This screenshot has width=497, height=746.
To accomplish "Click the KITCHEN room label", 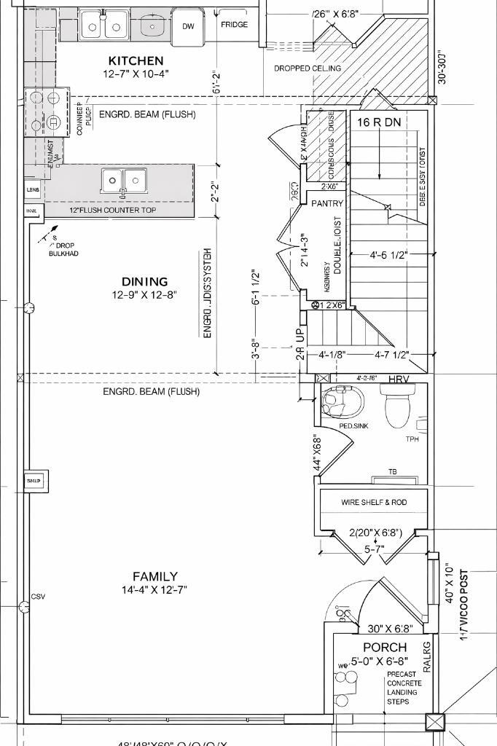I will [136, 60].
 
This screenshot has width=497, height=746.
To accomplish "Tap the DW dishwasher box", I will [188, 26].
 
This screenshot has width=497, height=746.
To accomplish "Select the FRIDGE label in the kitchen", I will [234, 25].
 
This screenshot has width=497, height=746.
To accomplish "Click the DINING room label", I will [144, 282].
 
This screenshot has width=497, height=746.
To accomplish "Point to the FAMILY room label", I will [154, 576].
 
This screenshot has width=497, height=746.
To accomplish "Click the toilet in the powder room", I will [397, 407].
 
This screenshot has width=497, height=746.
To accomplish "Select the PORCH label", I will [385, 647].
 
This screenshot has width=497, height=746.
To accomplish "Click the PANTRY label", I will [327, 204].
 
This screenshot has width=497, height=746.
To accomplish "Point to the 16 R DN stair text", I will [379, 122].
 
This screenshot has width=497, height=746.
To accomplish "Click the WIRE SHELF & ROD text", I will [374, 503].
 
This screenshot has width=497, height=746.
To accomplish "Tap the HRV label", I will [399, 380].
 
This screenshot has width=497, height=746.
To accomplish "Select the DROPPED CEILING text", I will [307, 68].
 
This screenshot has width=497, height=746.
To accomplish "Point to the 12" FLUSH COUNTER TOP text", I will [112, 211].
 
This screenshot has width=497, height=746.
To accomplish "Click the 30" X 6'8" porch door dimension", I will [390, 629].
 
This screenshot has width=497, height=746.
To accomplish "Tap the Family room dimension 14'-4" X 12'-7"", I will [154, 590].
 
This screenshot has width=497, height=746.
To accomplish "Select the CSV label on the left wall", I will [38, 597].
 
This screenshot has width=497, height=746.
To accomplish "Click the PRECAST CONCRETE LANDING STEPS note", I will [402, 688].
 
